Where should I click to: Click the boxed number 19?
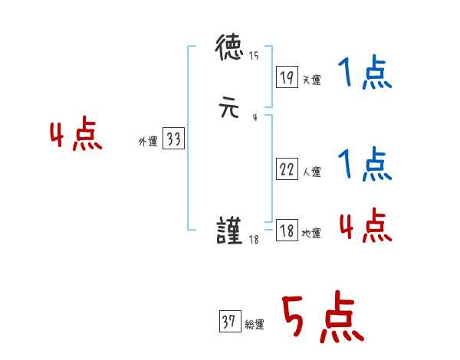click(x=287, y=77)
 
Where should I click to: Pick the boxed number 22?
click(x=287, y=170)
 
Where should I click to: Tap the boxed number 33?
click(x=173, y=139)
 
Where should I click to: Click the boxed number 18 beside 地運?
click(x=287, y=231)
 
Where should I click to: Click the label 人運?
click(x=311, y=172)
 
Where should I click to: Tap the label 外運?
click(x=148, y=142)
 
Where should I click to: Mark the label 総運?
click(x=254, y=325)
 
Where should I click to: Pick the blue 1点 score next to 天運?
click(x=365, y=73)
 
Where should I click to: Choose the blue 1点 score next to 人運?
click(x=365, y=164)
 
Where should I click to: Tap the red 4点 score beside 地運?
click(x=365, y=225)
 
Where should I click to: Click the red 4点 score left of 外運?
click(x=76, y=136)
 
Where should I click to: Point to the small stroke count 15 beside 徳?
click(x=254, y=55)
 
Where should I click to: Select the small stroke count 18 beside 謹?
click(x=255, y=240)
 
